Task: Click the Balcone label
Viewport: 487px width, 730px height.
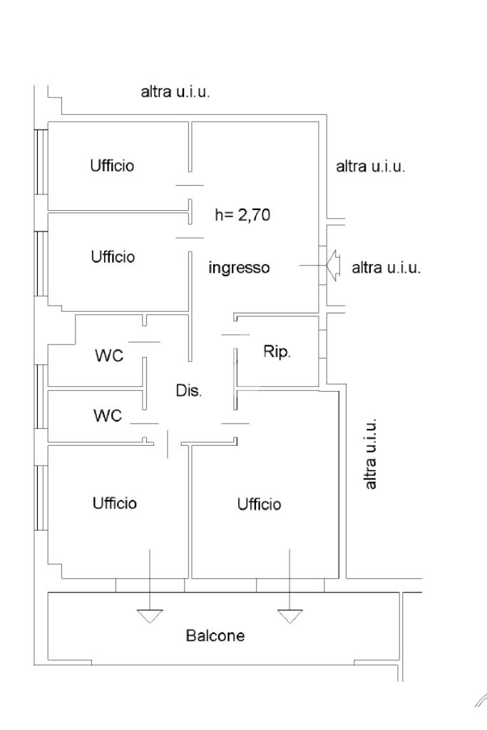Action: click(x=215, y=635)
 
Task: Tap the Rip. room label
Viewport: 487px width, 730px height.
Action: click(x=277, y=353)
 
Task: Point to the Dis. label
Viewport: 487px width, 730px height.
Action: click(x=189, y=391)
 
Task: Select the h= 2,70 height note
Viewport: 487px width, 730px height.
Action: click(x=242, y=214)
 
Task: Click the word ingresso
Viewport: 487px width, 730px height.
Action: click(x=239, y=268)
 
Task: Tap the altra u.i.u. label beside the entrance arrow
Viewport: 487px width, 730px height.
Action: click(x=387, y=268)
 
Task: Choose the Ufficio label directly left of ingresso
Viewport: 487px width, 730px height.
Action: click(x=113, y=256)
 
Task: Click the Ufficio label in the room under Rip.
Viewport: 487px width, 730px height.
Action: click(x=259, y=504)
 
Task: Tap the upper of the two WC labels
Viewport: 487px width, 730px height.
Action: click(x=109, y=356)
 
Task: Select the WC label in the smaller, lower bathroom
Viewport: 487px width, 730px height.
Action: click(x=107, y=414)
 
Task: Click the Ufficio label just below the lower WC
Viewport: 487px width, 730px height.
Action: click(x=114, y=503)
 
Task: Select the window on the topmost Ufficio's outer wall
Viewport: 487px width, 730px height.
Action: click(x=41, y=162)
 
